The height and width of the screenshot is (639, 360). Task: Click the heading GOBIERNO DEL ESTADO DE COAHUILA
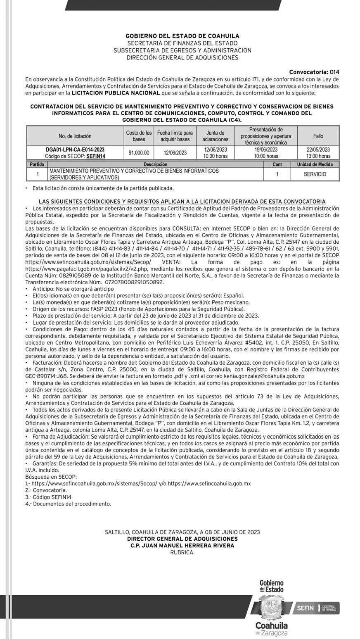click(x=182, y=36)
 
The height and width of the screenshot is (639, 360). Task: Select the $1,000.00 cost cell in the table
click(x=139, y=153)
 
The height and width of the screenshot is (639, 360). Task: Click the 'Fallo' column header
click(x=318, y=136)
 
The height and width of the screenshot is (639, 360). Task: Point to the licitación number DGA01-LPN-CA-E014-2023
click(x=75, y=150)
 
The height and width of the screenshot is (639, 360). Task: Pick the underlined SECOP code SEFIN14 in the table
click(x=96, y=156)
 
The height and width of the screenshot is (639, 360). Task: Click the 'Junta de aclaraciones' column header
click(x=215, y=136)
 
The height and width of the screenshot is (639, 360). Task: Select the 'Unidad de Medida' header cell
click(x=315, y=164)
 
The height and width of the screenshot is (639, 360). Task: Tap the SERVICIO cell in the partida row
click(x=315, y=174)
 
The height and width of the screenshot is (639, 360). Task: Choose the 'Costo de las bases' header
click(x=139, y=136)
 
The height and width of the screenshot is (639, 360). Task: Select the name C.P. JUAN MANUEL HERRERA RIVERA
click(x=182, y=545)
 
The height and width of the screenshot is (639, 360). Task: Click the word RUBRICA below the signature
click(x=182, y=552)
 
